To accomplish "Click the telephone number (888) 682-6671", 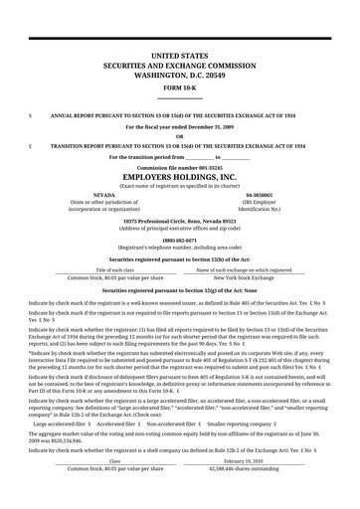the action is (x=179, y=240).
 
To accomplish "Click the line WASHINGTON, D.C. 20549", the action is (x=179, y=74).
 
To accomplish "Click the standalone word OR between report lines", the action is (x=179, y=136).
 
